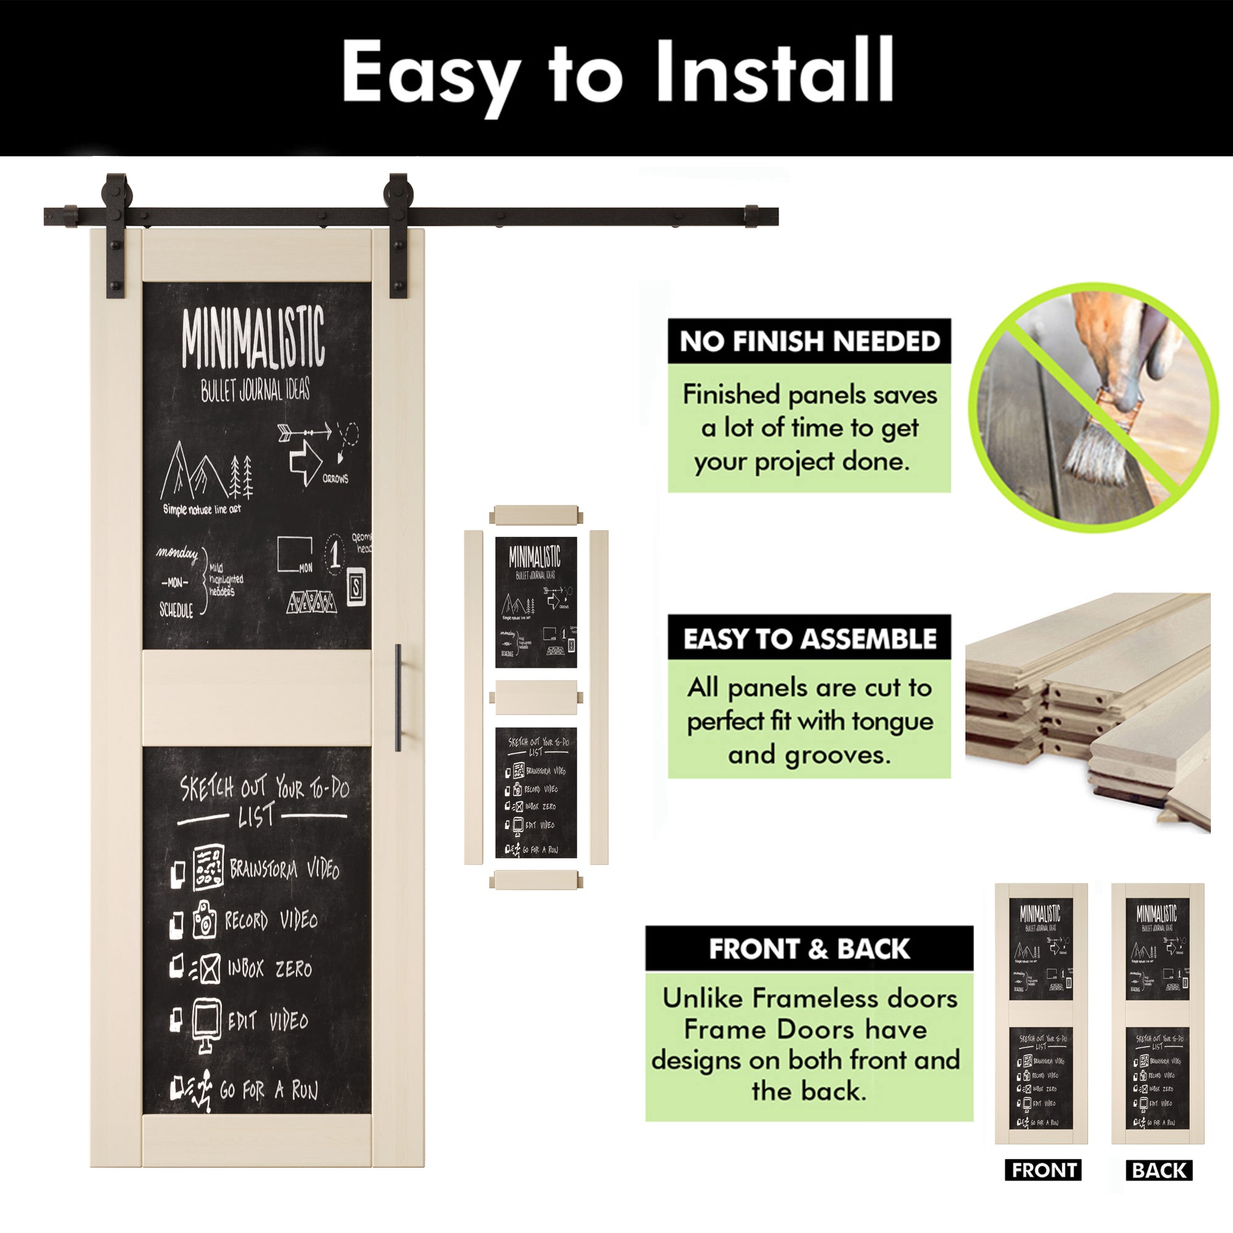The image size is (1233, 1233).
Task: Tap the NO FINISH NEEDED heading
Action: click(809, 342)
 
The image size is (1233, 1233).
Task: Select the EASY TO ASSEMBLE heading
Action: click(809, 638)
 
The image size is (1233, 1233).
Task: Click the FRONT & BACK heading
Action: click(809, 949)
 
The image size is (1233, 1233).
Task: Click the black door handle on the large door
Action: click(398, 697)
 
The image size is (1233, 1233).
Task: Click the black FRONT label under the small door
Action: click(1044, 1171)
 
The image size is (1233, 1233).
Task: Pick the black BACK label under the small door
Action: click(1159, 1171)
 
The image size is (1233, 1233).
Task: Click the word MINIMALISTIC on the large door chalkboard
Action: click(253, 339)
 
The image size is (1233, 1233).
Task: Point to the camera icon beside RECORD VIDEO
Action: click(204, 919)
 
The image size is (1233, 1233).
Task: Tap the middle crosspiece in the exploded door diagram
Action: click(536, 697)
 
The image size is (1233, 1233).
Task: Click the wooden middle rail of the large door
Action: click(256, 697)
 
